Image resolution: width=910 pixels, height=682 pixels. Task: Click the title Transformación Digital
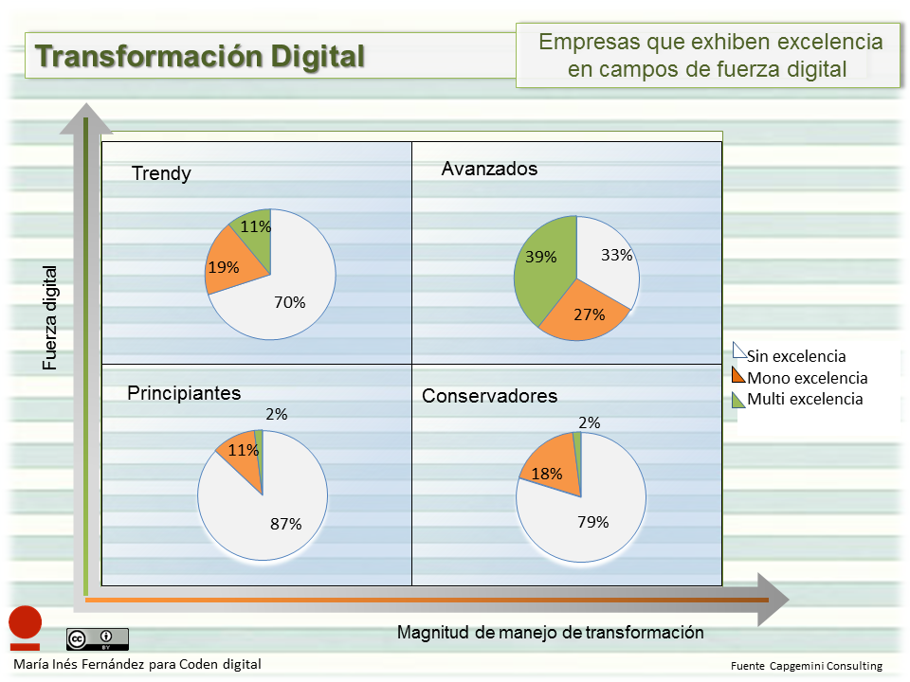click(200, 56)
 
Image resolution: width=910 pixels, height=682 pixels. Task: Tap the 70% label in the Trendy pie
click(290, 303)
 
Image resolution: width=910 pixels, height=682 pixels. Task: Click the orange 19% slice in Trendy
click(232, 269)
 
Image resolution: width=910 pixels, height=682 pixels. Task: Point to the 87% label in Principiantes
click(285, 524)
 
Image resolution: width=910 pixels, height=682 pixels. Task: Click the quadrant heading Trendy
click(161, 173)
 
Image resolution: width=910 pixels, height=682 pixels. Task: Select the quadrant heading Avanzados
click(490, 169)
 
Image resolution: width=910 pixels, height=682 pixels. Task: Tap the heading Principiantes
click(184, 393)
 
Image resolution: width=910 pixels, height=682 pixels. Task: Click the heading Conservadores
click(489, 396)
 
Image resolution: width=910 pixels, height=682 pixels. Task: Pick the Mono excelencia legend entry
click(806, 378)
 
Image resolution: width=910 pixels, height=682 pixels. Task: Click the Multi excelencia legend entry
click(804, 399)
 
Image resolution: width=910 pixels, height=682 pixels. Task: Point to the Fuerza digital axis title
click(49, 317)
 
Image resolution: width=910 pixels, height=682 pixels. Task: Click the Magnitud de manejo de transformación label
click(550, 632)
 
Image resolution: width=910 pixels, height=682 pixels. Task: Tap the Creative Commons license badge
click(97, 638)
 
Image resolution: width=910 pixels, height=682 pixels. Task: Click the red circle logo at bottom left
click(26, 622)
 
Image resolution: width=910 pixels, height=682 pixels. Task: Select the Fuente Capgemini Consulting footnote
click(806, 666)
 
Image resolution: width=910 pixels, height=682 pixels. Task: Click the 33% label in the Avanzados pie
click(616, 255)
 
